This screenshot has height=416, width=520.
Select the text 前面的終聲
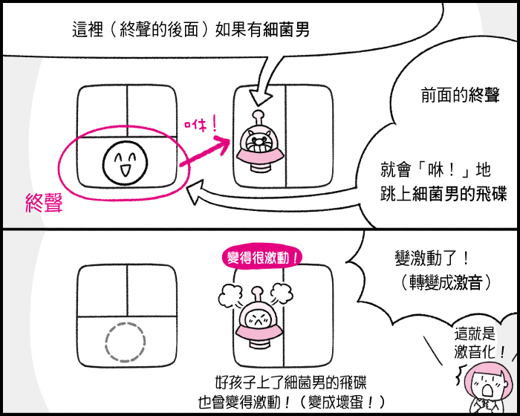click(x=449, y=96)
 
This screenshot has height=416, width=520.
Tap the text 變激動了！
click(x=432, y=259)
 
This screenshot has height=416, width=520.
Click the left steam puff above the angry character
click(x=231, y=296)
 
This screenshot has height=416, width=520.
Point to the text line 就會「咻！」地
click(x=437, y=171)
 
